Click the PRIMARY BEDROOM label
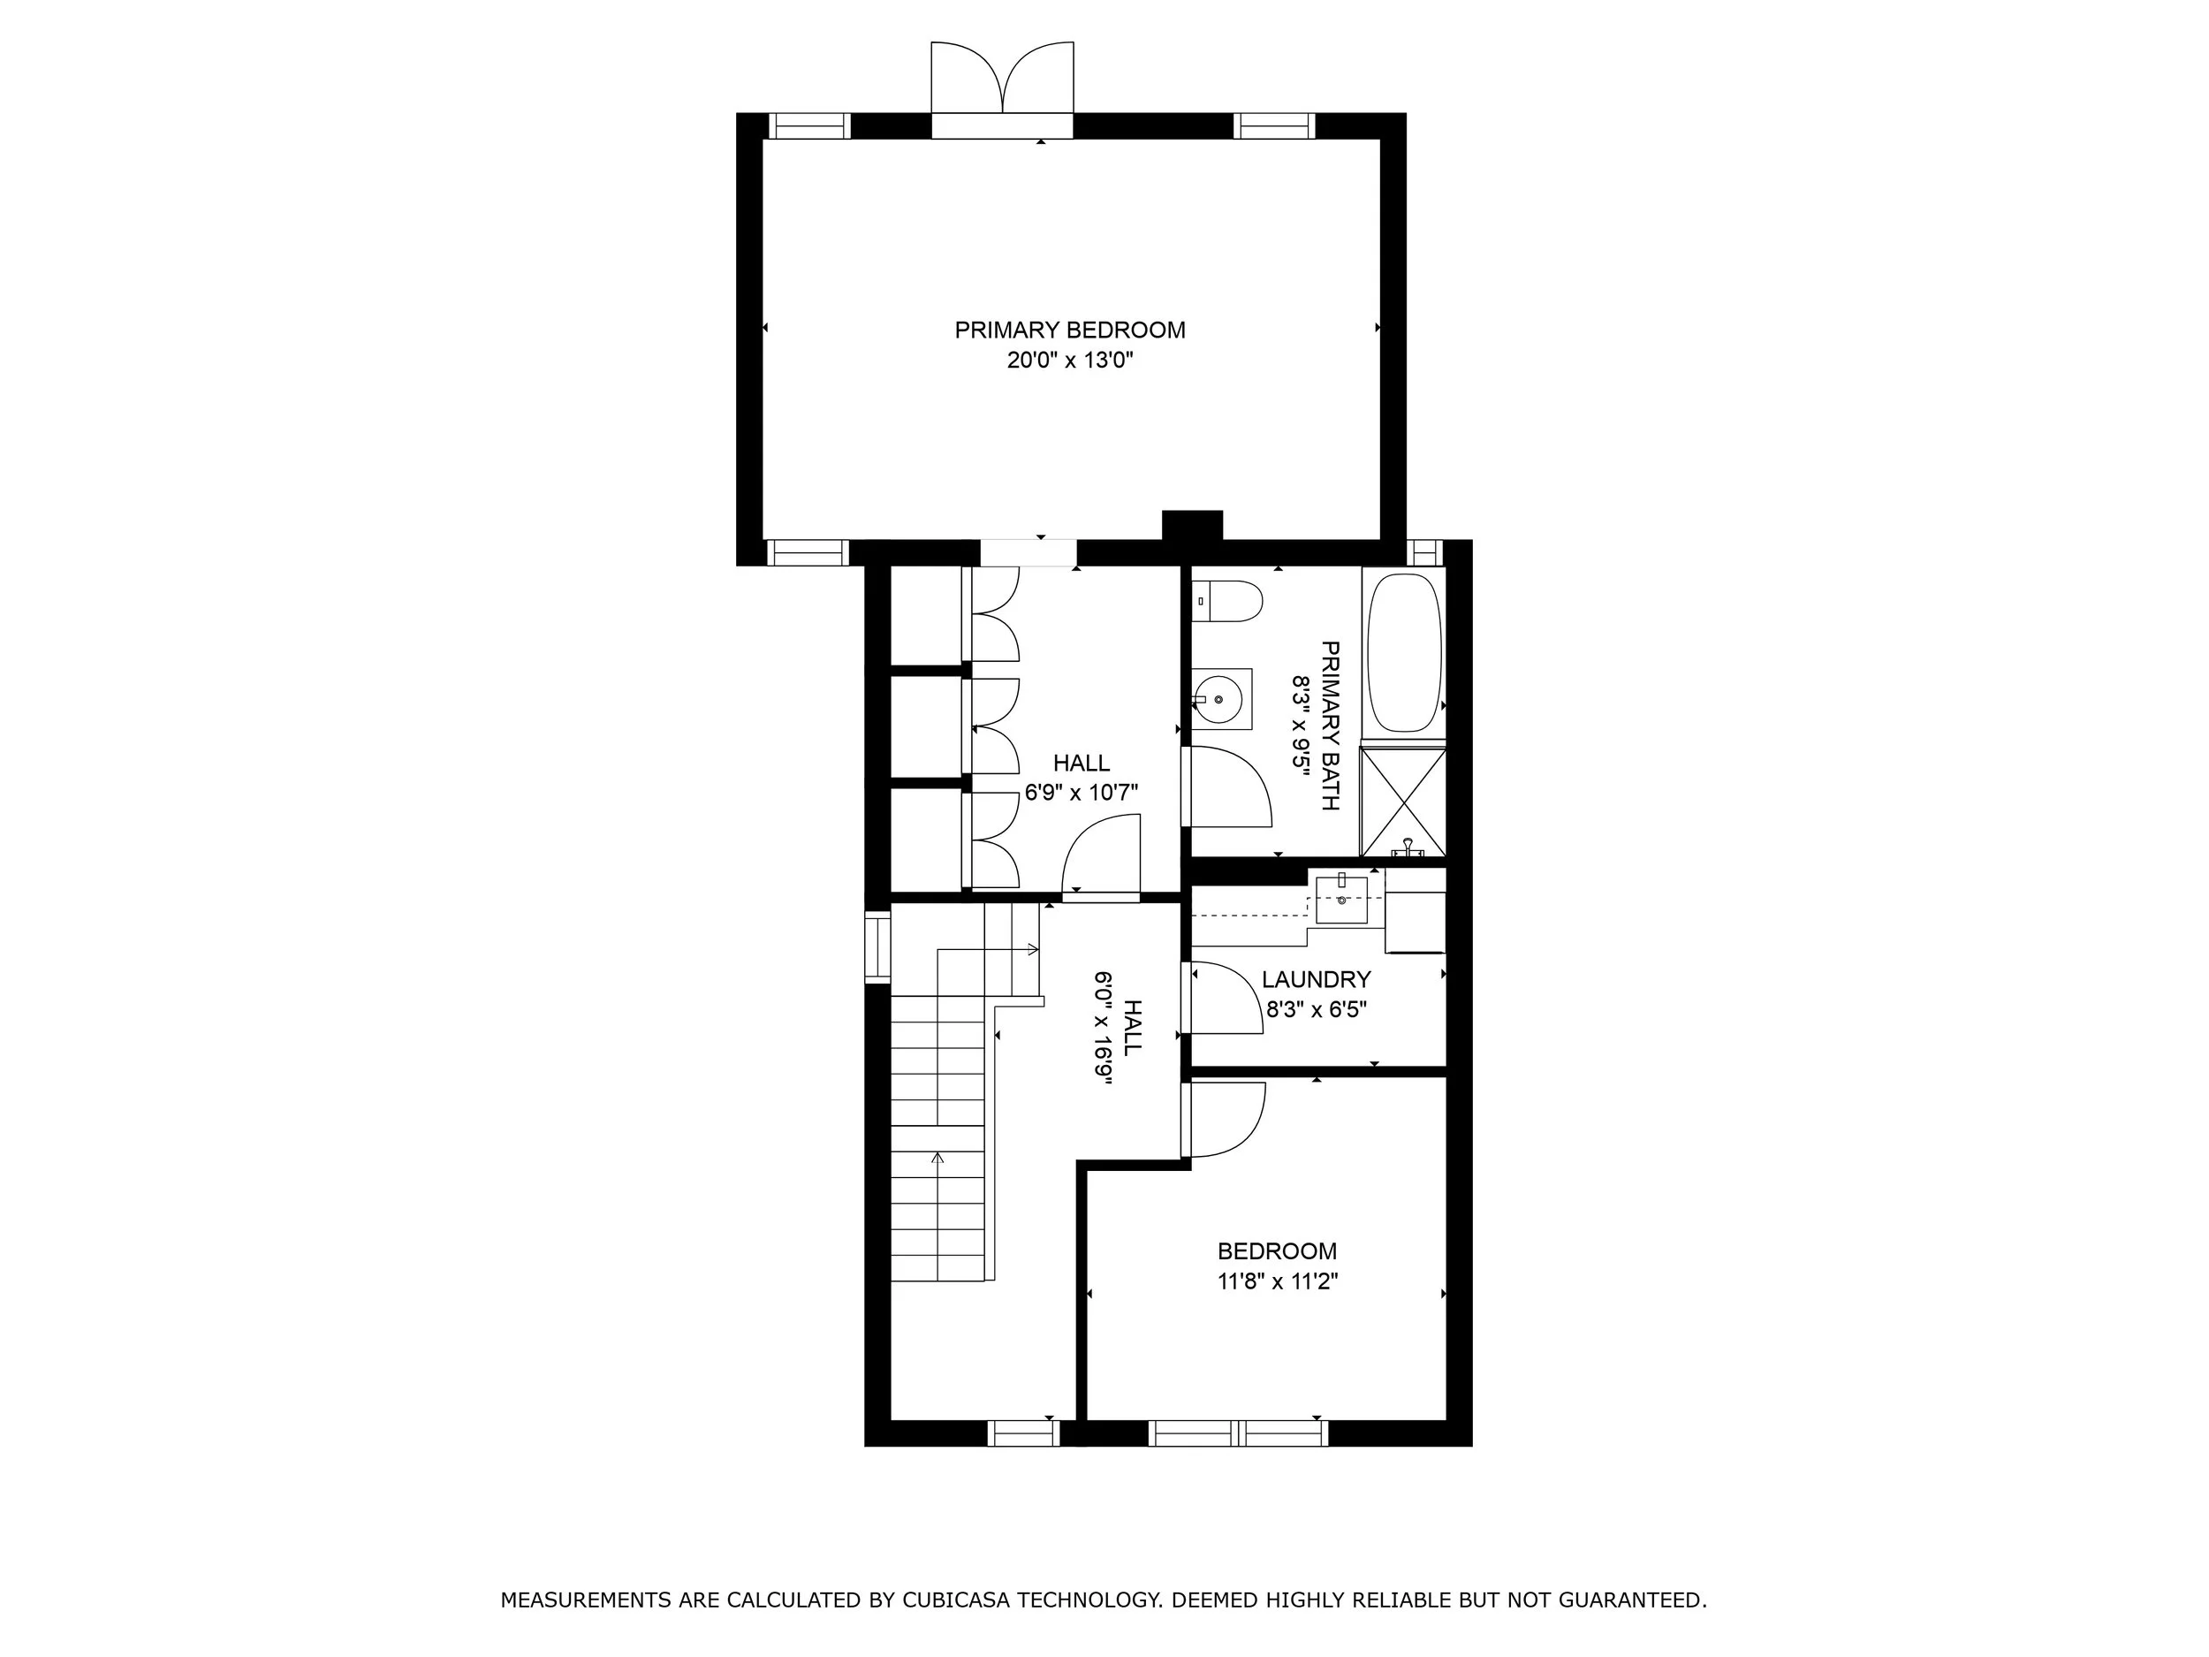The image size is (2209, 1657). click(x=1069, y=331)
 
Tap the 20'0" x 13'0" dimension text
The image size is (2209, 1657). click(x=1069, y=361)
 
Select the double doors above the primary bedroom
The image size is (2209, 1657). click(x=1003, y=80)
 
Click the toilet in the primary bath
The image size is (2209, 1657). click(x=1228, y=601)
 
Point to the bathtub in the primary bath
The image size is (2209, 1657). click(x=1404, y=653)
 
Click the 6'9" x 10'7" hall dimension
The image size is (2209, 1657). click(x=1082, y=793)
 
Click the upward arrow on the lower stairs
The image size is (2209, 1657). click(x=937, y=1159)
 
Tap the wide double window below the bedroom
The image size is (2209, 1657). click(x=1238, y=1433)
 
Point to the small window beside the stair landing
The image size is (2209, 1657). click(x=877, y=946)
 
